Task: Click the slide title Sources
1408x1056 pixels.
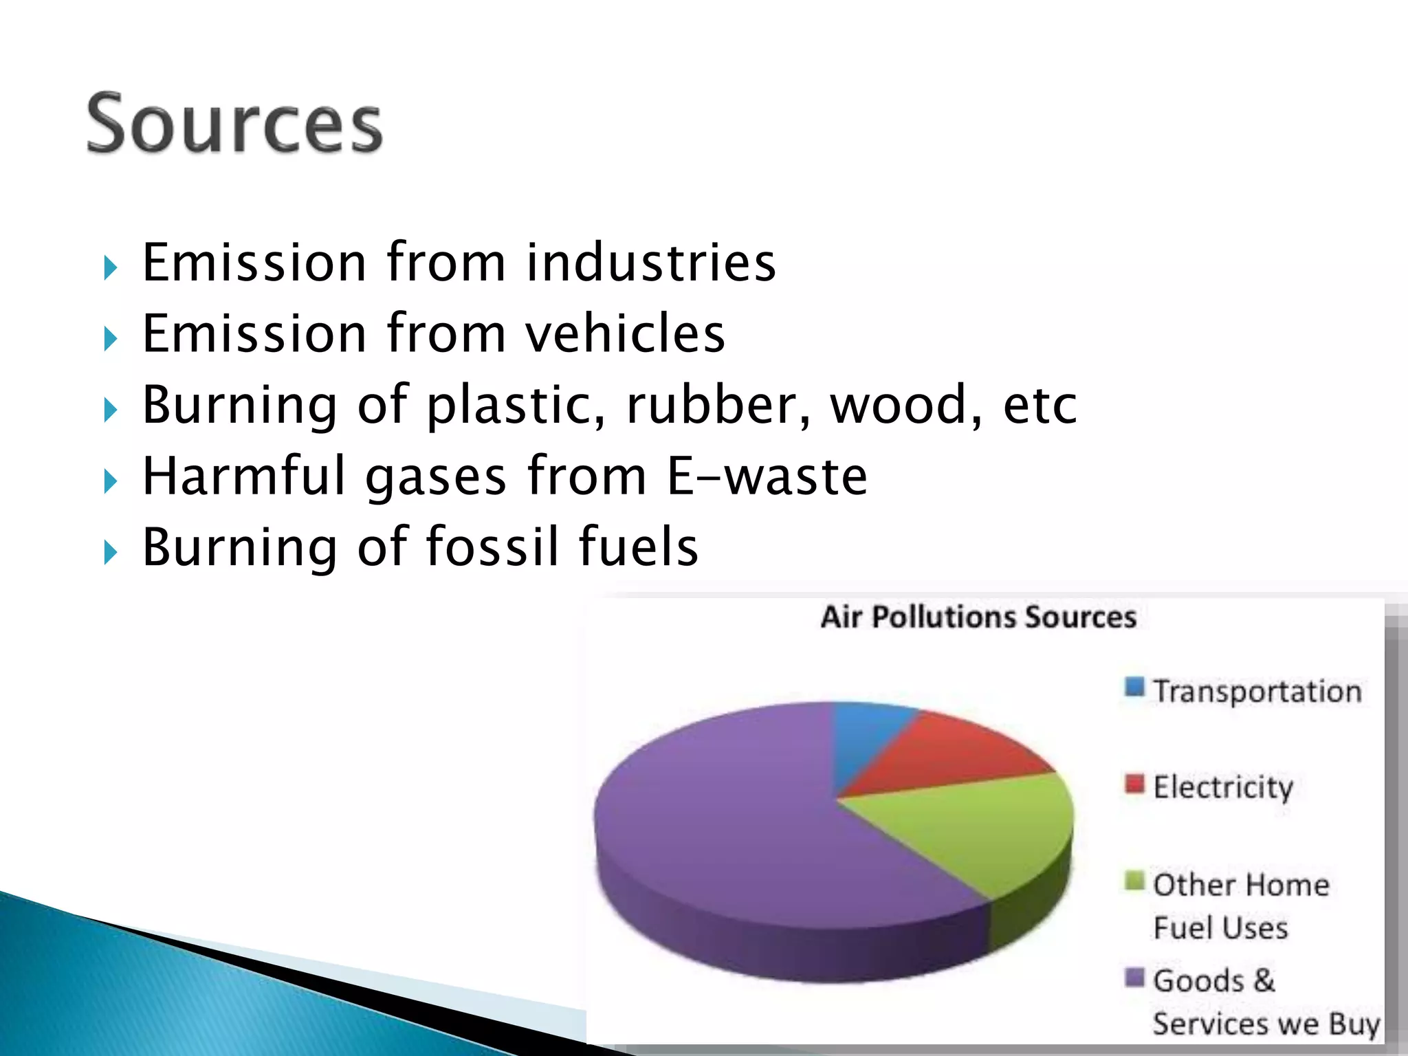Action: coord(234,124)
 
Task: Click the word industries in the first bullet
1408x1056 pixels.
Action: coord(651,263)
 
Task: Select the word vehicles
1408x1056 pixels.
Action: coord(625,334)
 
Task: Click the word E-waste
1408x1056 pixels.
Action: coord(767,476)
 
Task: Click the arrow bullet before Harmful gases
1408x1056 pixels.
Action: coord(111,481)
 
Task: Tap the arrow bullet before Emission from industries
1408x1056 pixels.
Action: coord(111,268)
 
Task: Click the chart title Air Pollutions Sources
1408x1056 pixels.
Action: coord(978,617)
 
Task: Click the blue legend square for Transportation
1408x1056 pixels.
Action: coord(1134,687)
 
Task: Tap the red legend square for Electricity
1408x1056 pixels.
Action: coord(1134,783)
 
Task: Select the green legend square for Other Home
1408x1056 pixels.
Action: coord(1134,880)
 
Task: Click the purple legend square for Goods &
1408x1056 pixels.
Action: coord(1134,976)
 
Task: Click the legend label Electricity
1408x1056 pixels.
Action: coord(1223,788)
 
